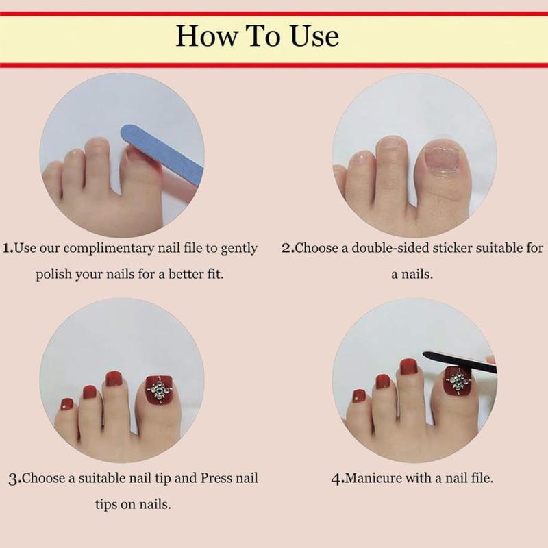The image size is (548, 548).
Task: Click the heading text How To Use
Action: tap(257, 36)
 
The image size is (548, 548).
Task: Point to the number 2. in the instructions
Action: tap(288, 248)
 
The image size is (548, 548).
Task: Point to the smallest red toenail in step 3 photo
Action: tap(67, 404)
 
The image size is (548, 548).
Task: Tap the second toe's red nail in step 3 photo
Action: tap(113, 379)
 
